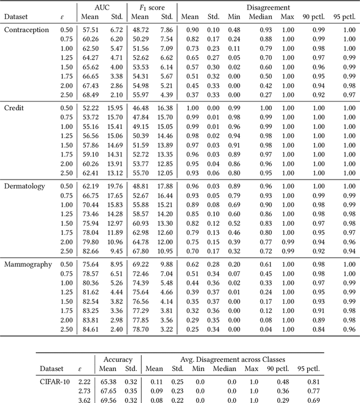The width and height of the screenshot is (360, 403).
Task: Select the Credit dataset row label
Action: click(x=15, y=108)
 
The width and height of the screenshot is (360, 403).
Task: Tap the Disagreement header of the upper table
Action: click(x=267, y=7)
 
